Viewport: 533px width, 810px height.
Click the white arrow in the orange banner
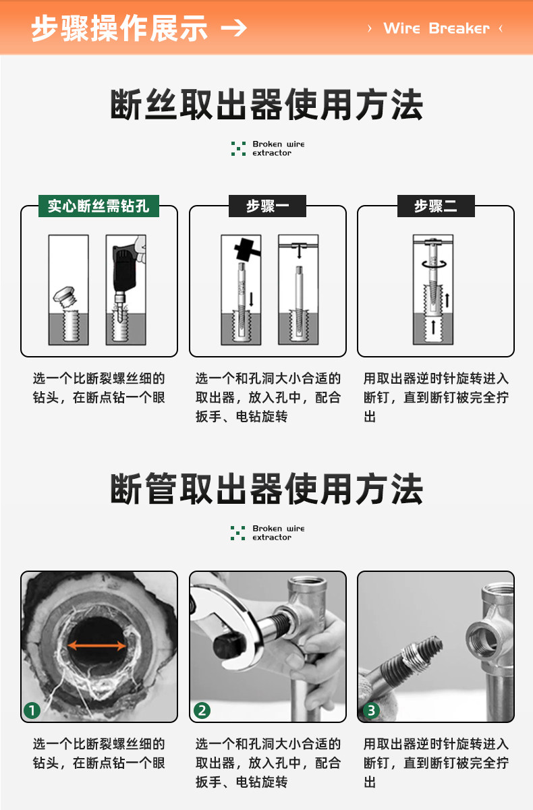pos(233,28)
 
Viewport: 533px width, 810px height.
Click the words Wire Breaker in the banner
pos(437,28)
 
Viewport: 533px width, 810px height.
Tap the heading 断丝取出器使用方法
pos(266,105)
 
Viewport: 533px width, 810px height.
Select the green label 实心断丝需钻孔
pos(99,206)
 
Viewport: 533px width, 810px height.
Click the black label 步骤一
pos(267,206)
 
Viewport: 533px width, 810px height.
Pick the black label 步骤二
pos(436,206)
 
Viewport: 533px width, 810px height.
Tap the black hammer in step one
pos(247,249)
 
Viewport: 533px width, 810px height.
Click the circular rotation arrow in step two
pos(434,264)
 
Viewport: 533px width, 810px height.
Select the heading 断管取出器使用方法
pos(266,488)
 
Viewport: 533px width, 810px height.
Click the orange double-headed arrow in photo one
pos(97,645)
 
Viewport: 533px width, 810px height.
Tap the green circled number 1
pos(32,711)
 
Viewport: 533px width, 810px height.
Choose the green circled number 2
pos(202,711)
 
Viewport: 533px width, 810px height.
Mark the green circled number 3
pos(371,711)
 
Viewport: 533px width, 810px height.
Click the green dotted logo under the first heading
pos(238,148)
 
